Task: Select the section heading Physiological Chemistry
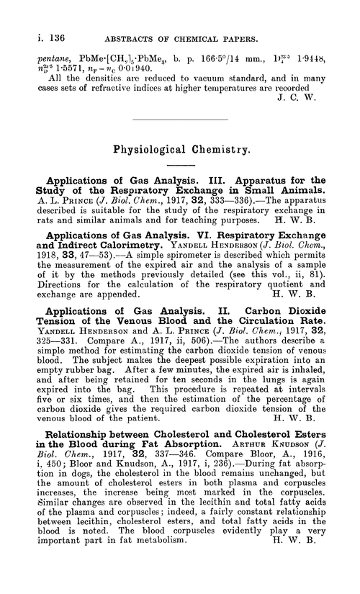click(x=181, y=153)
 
